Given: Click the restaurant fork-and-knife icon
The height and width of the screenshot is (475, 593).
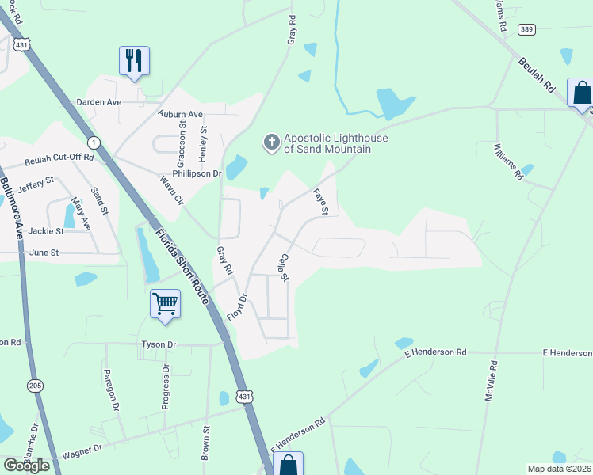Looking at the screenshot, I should pyautogui.click(x=134, y=60).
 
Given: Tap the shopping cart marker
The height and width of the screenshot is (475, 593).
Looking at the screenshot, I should pyautogui.click(x=165, y=303).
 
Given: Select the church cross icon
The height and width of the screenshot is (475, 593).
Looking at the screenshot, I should pyautogui.click(x=271, y=142).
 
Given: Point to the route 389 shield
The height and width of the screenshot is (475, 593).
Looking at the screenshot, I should pyautogui.click(x=527, y=29).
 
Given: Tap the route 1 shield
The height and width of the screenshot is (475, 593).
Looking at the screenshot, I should pyautogui.click(x=94, y=142).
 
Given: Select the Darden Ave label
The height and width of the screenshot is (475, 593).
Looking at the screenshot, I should pyautogui.click(x=98, y=102).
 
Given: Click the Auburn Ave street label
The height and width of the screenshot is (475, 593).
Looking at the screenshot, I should pyautogui.click(x=181, y=114).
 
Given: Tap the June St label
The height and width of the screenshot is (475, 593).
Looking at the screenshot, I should pyautogui.click(x=44, y=253).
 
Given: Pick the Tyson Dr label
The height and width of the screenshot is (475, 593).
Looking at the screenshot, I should pyautogui.click(x=159, y=344).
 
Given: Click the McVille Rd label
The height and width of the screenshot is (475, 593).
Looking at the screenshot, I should pyautogui.click(x=492, y=380).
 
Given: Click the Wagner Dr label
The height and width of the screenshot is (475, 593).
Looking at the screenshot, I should pyautogui.click(x=82, y=450).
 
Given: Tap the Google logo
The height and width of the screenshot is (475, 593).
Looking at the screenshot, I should pyautogui.click(x=25, y=465).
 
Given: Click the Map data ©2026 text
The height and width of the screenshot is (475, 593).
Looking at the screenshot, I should pyautogui.click(x=559, y=469).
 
